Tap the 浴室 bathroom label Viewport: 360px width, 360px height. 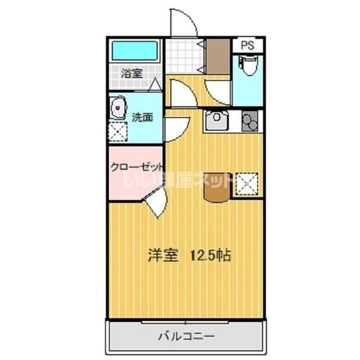click(x=133, y=73)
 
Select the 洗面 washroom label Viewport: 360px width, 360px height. click(x=142, y=118)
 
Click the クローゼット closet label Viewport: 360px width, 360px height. click(x=137, y=167)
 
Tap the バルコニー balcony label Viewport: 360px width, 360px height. click(x=185, y=337)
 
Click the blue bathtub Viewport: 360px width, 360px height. click(x=134, y=52)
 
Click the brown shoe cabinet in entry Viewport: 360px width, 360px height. click(x=218, y=56)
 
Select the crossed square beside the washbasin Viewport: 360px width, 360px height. click(x=118, y=131)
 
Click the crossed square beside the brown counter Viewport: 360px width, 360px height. click(x=246, y=183)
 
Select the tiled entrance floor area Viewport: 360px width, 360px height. click(x=183, y=55)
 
